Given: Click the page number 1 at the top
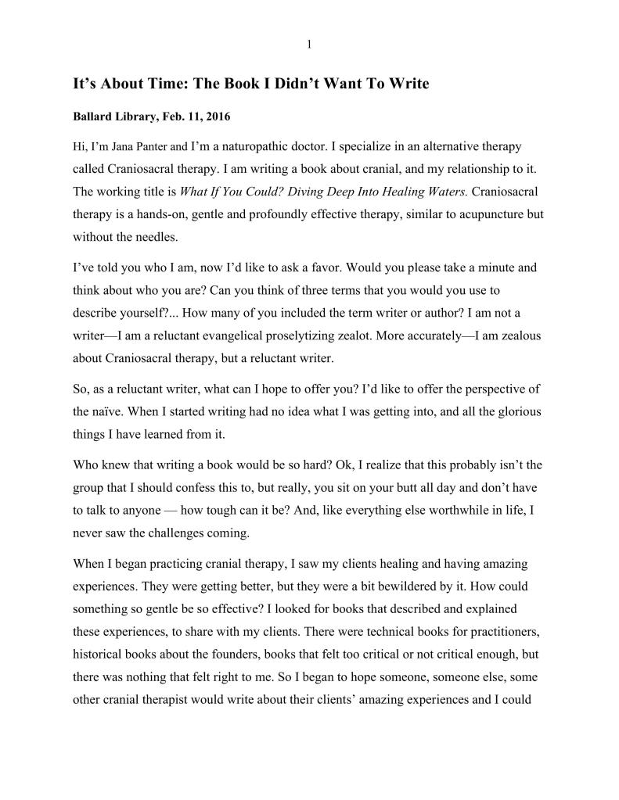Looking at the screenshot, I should [x=309, y=45].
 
